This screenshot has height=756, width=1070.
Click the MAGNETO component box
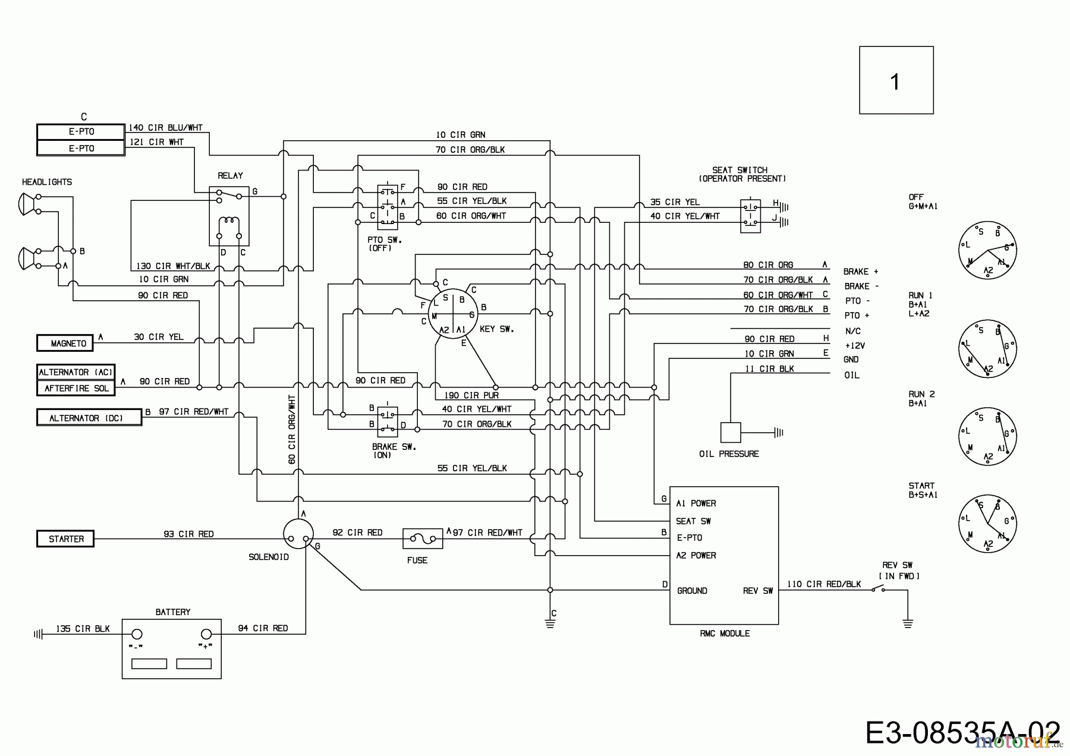68,343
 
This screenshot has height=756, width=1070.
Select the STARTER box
65,539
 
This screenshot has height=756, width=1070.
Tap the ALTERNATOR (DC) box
89,418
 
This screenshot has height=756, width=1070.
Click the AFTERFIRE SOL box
75,388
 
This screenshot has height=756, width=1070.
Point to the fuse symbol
422,539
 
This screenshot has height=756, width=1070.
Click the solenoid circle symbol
298,534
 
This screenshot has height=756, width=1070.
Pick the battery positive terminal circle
206,634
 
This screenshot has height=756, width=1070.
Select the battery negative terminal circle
136,634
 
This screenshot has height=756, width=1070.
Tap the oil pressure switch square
731,433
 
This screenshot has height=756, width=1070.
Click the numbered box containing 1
896,80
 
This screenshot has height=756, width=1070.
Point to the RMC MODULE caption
724,634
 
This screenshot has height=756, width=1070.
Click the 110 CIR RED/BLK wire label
823,584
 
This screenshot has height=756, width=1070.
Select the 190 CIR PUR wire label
471,395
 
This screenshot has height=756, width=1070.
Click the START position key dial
987,524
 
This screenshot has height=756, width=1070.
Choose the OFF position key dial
987,251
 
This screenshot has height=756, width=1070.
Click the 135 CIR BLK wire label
83,629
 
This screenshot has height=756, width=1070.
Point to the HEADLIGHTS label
47,182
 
